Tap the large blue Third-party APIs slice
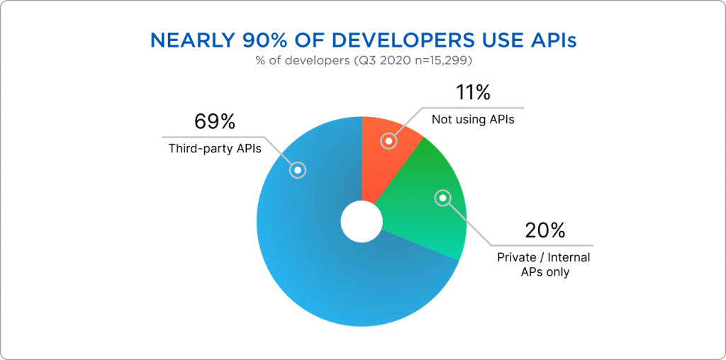(x=312, y=262)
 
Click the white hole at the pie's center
(x=361, y=222)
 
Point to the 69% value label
(x=214, y=122)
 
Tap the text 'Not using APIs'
(x=473, y=120)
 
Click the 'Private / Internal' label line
(x=544, y=257)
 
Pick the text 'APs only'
(x=544, y=271)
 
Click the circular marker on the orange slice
(x=388, y=141)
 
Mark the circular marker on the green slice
(x=443, y=198)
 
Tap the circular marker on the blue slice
(x=298, y=170)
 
